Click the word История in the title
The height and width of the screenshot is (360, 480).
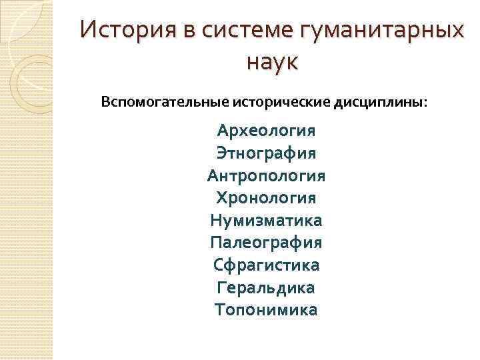tap(119, 31)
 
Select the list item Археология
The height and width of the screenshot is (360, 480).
tap(266, 130)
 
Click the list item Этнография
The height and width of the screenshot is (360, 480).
tap(266, 153)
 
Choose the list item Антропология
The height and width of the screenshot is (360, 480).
tap(266, 175)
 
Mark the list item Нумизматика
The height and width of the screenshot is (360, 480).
tap(266, 220)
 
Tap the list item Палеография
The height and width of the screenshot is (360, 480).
tap(266, 243)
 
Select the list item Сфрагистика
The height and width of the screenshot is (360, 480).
tap(266, 265)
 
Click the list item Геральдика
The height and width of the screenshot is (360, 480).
tap(266, 287)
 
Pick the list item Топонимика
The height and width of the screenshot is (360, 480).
tap(266, 310)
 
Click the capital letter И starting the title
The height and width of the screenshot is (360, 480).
tap(87, 31)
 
